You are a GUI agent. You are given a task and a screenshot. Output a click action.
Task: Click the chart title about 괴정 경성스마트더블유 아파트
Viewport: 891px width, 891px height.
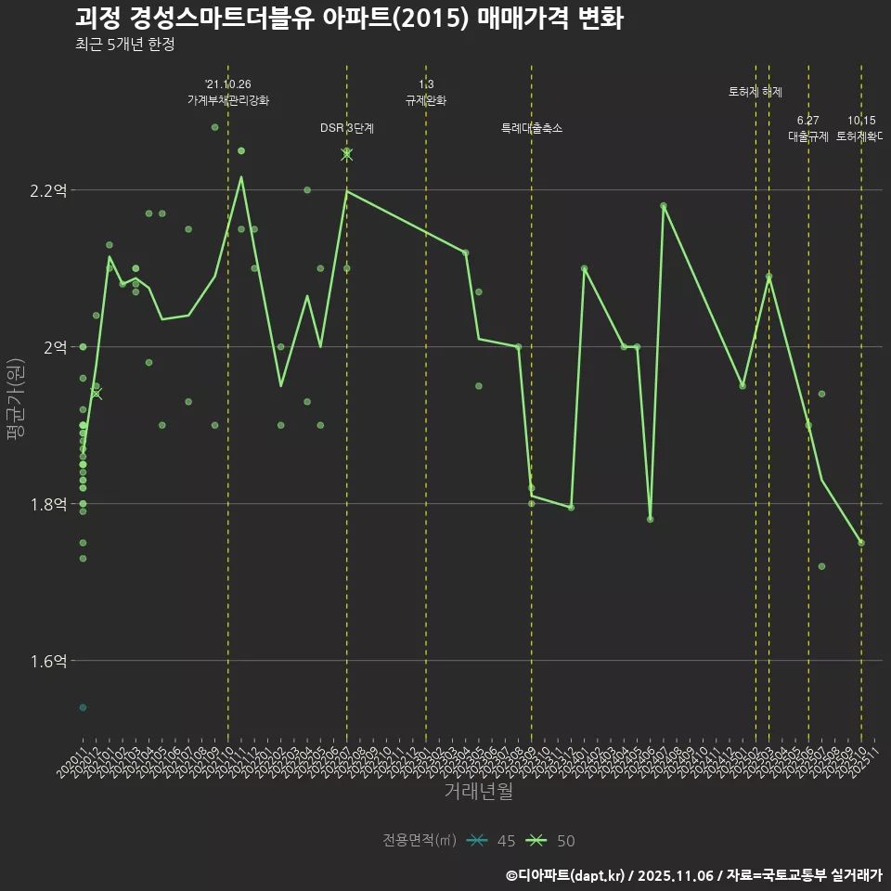point(349,19)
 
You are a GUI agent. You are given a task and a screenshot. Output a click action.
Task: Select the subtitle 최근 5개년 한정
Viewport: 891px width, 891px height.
point(124,44)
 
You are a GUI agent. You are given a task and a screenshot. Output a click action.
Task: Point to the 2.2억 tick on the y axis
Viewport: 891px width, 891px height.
point(48,191)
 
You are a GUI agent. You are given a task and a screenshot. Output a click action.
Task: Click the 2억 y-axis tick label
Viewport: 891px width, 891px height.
point(53,347)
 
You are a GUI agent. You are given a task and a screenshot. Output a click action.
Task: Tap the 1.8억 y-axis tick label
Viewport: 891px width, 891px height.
point(48,504)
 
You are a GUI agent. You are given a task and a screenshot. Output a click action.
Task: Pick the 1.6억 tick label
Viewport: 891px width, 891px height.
point(48,661)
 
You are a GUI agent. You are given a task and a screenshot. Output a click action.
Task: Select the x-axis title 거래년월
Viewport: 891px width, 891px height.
point(478,792)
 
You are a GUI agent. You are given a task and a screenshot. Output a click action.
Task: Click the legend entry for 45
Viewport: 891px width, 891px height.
point(492,841)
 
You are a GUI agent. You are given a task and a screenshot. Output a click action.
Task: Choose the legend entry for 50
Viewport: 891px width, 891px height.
point(551,841)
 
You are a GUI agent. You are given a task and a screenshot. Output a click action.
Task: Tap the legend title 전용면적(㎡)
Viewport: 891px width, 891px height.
point(419,841)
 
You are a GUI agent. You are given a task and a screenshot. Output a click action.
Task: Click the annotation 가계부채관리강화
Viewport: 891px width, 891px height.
point(227,100)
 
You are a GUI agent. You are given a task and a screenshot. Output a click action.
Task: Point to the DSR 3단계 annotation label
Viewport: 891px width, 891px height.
point(346,128)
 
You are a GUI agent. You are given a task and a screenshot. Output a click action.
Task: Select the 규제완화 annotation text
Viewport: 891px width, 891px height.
point(426,100)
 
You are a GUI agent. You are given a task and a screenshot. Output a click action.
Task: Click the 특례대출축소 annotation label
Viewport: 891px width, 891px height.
point(531,128)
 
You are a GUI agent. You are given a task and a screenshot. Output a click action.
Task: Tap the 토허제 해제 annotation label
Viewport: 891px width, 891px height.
point(755,92)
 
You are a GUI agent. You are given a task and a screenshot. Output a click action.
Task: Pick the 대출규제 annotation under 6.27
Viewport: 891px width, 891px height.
point(807,136)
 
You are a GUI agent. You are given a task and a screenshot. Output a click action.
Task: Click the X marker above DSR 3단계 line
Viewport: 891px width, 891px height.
point(346,154)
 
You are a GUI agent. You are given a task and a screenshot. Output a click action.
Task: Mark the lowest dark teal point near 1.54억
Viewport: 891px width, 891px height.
point(83,707)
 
